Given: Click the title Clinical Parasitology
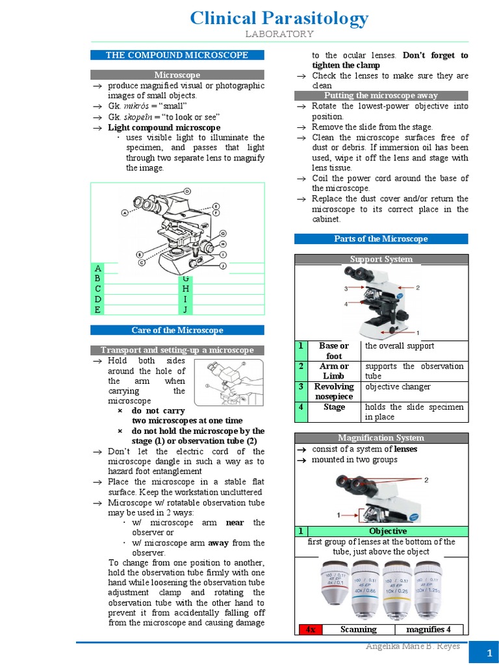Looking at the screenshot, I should point(279,19).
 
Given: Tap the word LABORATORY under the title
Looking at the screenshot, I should point(279,34).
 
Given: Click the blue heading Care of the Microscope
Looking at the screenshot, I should point(177,331).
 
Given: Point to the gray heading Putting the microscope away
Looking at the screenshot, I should point(381,95).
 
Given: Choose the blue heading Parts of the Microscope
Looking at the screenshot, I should point(381,239).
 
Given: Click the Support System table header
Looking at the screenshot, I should point(381,259).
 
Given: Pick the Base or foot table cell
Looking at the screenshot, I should point(334,351).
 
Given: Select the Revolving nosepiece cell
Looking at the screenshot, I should point(334,392).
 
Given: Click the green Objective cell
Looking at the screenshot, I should point(387,531).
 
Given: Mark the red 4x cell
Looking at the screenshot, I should point(310,629).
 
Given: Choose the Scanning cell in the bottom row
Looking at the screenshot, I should point(359,629).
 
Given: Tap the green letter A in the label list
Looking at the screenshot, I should point(97,268).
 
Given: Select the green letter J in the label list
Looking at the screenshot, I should point(185,309).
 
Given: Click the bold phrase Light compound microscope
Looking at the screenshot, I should point(164,127).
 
